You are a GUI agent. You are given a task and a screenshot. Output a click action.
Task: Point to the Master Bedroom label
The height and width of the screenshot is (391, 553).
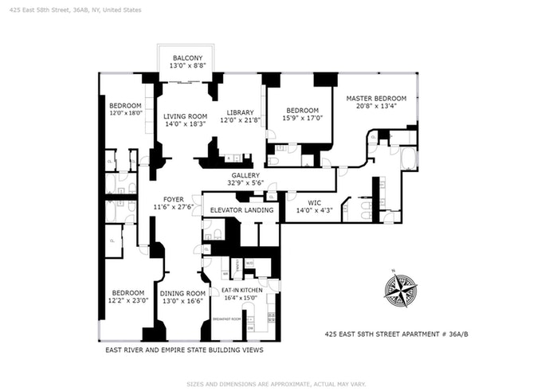pos(376,99)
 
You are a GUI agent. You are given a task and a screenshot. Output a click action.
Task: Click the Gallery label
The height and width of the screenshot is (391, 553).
pos(245,175)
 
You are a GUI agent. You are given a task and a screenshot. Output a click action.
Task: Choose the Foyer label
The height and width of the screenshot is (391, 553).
pos(174,199)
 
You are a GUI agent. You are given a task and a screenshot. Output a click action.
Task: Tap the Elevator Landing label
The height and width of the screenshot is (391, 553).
pos(242,210)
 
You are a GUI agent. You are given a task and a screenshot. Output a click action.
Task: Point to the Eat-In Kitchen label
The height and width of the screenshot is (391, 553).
pos(244,291)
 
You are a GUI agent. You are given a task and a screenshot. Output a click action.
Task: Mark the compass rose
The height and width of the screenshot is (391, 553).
pos(399,290)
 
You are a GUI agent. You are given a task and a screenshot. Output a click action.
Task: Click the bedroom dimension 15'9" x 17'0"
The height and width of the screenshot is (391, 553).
pos(303,119)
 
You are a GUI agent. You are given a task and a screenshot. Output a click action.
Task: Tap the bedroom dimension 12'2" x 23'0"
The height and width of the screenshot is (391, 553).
pos(127,301)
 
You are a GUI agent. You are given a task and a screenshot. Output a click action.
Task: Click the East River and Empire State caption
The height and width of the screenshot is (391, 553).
pos(184,350)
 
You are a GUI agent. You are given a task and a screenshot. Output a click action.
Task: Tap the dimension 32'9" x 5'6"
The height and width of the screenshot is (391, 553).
pos(245,183)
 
